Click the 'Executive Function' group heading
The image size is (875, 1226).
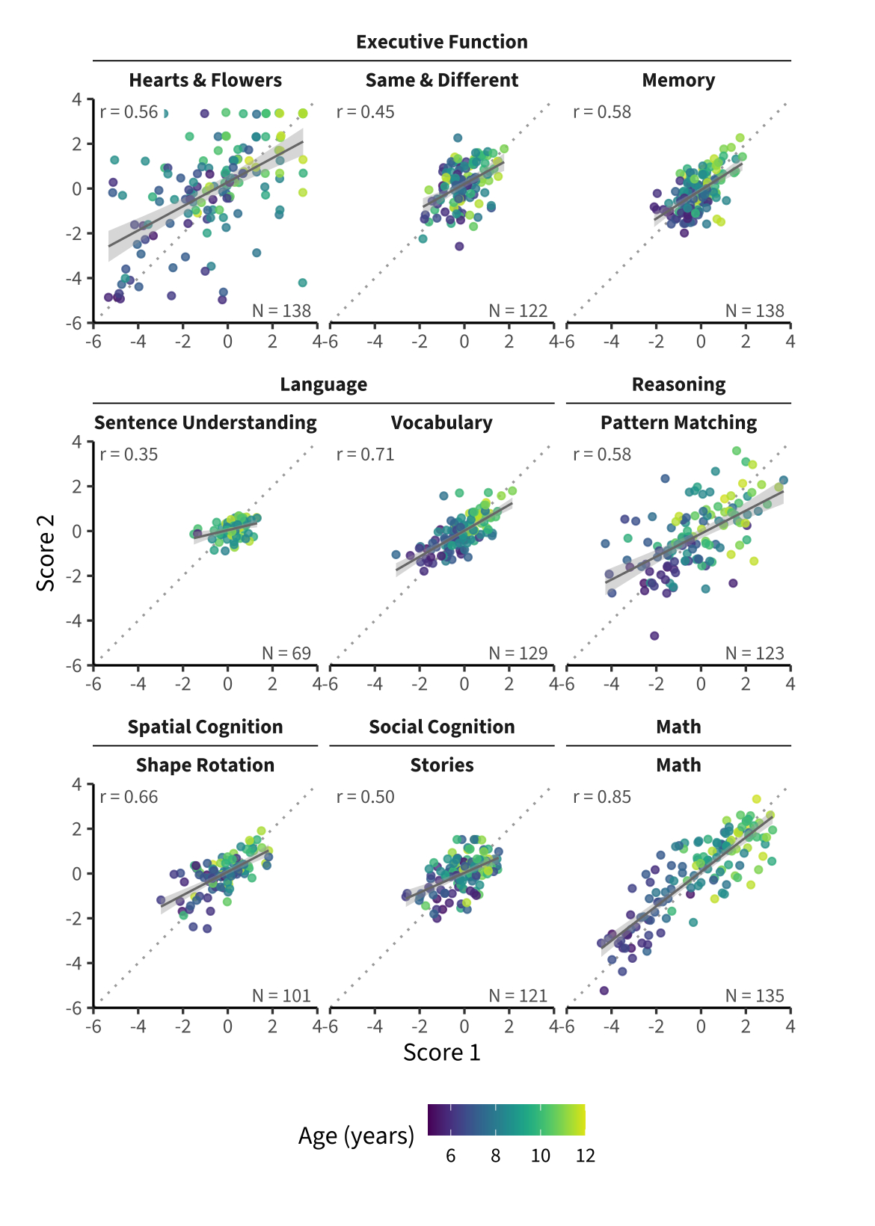[x=441, y=42]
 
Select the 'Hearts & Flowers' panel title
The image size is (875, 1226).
[x=205, y=80]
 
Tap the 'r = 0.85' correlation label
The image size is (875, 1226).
[x=602, y=797]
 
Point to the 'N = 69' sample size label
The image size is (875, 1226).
[x=286, y=653]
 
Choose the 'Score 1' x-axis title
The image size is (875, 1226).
[x=441, y=1053]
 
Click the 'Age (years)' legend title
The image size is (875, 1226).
[x=356, y=1136]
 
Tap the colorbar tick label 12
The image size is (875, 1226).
[x=585, y=1156]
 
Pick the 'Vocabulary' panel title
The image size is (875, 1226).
[x=441, y=422]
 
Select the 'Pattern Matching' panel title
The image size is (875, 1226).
[x=678, y=422]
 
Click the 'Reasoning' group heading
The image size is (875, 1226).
[x=678, y=384]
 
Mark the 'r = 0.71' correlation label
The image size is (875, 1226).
[x=365, y=455]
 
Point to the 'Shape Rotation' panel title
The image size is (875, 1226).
[x=205, y=765]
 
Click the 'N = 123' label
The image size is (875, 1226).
[x=755, y=653]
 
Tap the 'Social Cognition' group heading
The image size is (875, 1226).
[x=441, y=727]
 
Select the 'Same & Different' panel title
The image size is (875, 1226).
[x=441, y=80]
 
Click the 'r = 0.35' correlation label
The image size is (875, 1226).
[x=129, y=455]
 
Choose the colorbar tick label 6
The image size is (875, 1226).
[x=450, y=1156]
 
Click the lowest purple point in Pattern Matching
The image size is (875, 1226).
[x=654, y=635]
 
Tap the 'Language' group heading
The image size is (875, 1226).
[x=323, y=384]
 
